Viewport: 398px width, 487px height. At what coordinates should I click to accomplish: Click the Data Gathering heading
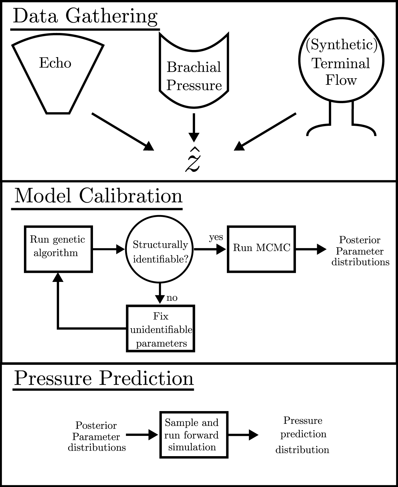[x=85, y=16]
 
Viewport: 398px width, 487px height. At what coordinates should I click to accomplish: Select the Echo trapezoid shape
[x=58, y=76]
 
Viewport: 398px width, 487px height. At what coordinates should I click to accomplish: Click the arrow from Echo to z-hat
[x=123, y=132]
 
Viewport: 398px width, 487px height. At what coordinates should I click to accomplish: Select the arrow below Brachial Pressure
[x=194, y=127]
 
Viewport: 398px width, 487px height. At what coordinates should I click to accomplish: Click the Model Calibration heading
[x=98, y=196]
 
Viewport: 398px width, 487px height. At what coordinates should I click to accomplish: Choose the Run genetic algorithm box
[x=58, y=249]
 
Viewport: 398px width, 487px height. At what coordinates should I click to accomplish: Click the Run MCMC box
[x=261, y=249]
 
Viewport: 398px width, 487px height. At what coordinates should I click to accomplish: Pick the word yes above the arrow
[x=216, y=237]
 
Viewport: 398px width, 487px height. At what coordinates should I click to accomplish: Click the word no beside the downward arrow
[x=172, y=298]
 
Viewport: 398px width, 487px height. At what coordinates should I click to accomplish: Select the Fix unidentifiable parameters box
[x=161, y=328]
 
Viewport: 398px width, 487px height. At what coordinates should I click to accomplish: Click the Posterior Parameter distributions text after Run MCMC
[x=360, y=251]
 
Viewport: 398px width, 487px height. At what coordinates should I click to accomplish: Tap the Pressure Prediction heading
[x=104, y=378]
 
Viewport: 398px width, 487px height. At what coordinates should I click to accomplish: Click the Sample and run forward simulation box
[x=194, y=435]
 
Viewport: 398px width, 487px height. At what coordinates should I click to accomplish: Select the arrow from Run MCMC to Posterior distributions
[x=310, y=249]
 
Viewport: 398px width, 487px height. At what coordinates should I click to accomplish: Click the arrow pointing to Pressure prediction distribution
[x=243, y=435]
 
